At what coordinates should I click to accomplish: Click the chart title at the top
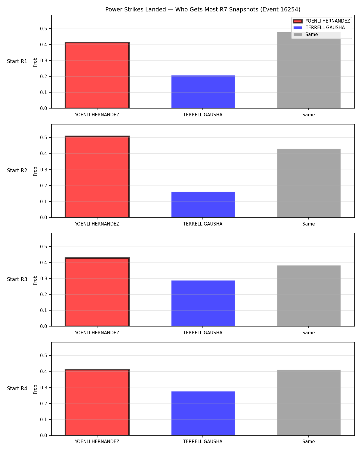[203, 9]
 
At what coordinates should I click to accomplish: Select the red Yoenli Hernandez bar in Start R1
[97, 75]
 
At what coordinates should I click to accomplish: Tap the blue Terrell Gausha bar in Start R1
[203, 92]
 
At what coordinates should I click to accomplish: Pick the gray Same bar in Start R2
[309, 183]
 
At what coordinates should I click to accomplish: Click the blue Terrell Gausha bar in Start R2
[203, 204]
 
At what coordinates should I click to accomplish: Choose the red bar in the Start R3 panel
[97, 292]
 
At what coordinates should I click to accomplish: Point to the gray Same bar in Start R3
[309, 296]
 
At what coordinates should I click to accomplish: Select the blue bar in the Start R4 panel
[203, 413]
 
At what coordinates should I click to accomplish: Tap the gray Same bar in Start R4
[309, 403]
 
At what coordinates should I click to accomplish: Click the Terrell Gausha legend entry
[325, 28]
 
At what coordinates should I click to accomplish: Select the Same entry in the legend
[306, 35]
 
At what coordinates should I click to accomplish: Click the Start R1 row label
[17, 61]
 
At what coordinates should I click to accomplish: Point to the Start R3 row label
[17, 279]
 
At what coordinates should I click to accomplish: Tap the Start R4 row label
[17, 388]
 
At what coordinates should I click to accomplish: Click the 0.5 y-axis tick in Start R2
[44, 137]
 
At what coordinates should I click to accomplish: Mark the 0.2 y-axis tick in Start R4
[44, 403]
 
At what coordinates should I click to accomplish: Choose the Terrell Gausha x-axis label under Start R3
[203, 333]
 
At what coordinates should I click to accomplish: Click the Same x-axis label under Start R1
[308, 115]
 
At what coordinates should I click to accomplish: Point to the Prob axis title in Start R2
[35, 171]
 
